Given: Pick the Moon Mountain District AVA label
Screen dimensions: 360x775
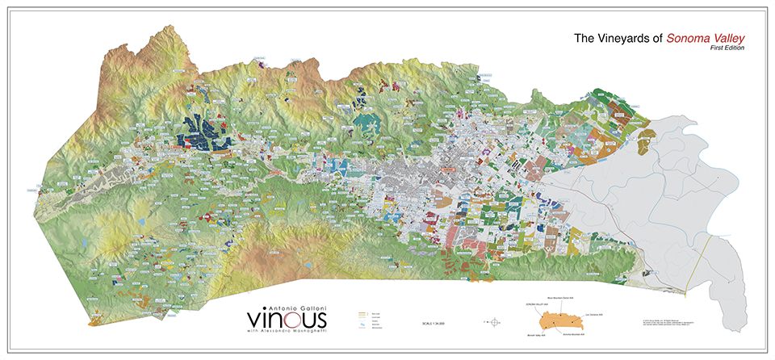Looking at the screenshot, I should tap(557, 299).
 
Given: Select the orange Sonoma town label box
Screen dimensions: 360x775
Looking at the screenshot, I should tap(445, 170).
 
